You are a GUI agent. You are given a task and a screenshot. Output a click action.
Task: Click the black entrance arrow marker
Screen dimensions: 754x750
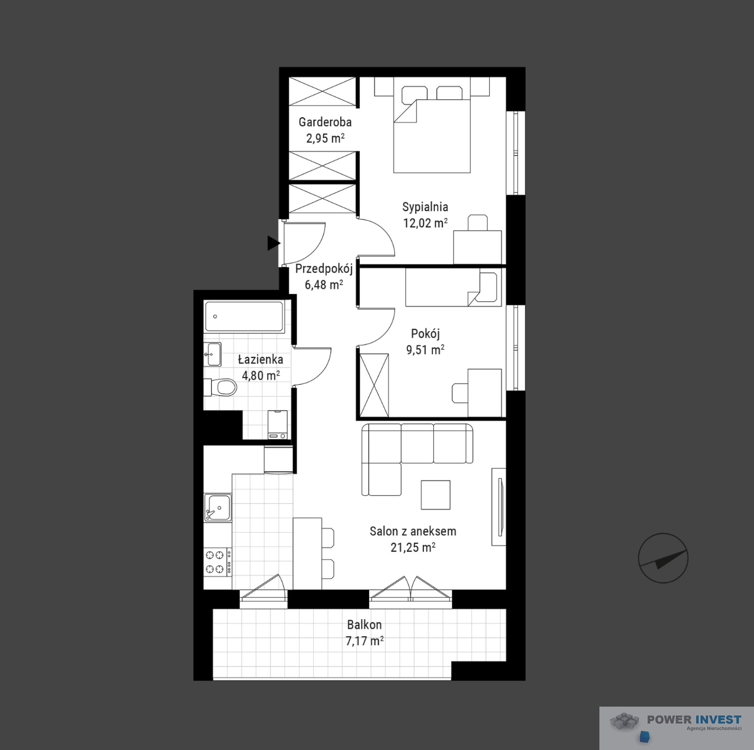pos(273,243)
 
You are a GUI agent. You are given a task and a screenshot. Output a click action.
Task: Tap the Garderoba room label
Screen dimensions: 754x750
pos(325,122)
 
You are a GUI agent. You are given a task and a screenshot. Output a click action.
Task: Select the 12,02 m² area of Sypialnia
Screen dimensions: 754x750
pos(425,222)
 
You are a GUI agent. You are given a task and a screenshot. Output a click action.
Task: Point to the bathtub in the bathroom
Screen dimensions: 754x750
pos(244,316)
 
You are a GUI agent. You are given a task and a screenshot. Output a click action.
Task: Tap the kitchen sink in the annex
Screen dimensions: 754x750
pos(217,507)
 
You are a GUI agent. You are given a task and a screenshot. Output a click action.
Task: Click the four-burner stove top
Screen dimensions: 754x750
pos(217,562)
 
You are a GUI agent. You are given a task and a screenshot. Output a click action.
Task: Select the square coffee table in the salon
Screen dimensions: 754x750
pos(435,495)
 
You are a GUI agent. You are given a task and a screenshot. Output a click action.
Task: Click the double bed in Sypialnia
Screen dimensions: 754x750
pos(432,129)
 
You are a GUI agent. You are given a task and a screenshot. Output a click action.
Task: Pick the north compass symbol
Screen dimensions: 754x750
pos(663,558)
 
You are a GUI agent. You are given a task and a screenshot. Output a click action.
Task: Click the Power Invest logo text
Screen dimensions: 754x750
pos(694,719)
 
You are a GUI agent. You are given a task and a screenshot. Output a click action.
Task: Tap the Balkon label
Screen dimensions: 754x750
pos(365,624)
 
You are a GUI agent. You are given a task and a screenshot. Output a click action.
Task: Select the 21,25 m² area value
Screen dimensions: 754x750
pos(413,547)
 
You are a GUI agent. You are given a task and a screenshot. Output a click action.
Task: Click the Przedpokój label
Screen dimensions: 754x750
pos(324,269)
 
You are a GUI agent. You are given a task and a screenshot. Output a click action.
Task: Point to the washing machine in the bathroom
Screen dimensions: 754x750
pos(278,424)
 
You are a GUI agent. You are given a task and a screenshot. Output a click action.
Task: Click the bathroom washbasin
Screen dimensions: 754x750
pos(212,354)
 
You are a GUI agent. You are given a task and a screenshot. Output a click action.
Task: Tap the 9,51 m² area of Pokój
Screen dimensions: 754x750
pos(425,350)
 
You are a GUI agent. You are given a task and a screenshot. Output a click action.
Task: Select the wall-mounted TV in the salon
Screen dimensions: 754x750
pos(500,507)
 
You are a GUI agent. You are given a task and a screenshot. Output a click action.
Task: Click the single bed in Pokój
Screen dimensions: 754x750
pos(452,288)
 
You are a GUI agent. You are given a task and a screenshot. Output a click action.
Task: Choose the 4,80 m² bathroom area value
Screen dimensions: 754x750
pos(261,375)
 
